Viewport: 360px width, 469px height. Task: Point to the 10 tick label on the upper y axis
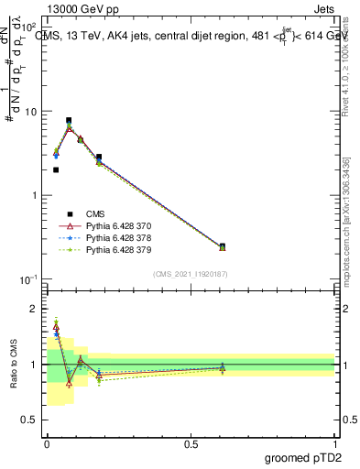[x=31, y=112]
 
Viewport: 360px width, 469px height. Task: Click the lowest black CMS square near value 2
[x=56, y=169]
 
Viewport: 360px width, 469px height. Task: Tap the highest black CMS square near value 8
[x=69, y=120]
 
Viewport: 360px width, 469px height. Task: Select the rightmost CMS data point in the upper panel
[x=223, y=246]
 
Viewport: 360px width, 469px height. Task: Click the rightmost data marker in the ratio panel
[x=223, y=368]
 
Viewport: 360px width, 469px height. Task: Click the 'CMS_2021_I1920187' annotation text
[x=191, y=273]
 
